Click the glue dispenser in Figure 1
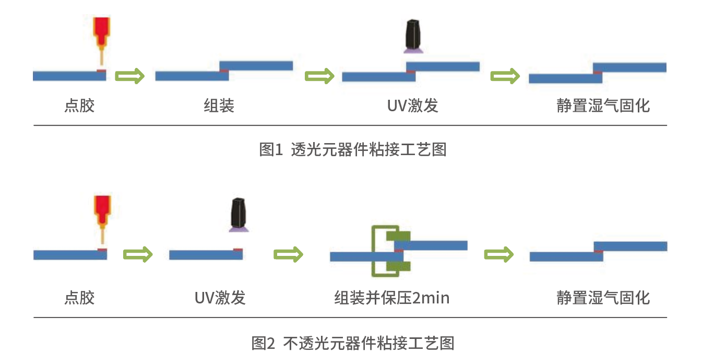click(101, 34)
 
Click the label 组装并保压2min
click(391, 298)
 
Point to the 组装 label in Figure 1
click(219, 106)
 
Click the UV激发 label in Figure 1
click(412, 106)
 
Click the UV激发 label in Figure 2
click(220, 298)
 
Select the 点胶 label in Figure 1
click(79, 106)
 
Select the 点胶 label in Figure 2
click(79, 298)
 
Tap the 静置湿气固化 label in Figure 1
click(603, 106)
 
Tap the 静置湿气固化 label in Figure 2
click(603, 298)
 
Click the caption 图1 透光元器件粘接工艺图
click(353, 150)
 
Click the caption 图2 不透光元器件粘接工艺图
click(353, 343)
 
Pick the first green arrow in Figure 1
click(129, 76)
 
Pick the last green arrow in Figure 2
click(499, 254)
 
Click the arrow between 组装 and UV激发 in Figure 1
click(319, 76)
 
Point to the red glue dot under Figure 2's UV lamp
click(238, 250)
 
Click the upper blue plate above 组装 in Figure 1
click(256, 66)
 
